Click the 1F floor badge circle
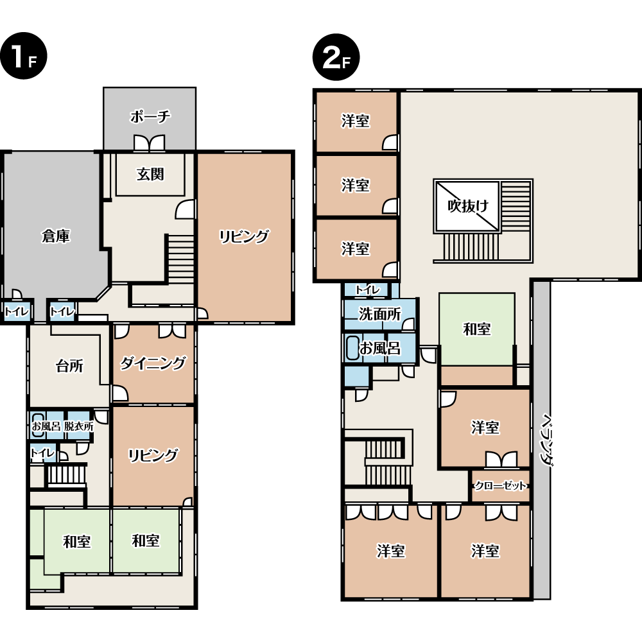click(x=23, y=56)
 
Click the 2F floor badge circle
click(x=336, y=57)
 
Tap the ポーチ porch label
click(x=150, y=117)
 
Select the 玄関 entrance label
click(x=150, y=175)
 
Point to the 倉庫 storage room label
click(x=56, y=236)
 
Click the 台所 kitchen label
click(x=69, y=366)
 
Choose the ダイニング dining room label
click(x=153, y=363)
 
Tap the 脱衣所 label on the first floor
click(x=78, y=426)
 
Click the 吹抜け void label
click(x=468, y=205)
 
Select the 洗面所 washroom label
click(x=380, y=314)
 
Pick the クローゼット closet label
click(x=500, y=486)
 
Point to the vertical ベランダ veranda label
click(x=546, y=439)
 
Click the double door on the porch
click(x=150, y=143)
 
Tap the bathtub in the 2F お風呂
click(x=352, y=348)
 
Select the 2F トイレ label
click(x=368, y=290)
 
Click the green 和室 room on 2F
click(x=476, y=329)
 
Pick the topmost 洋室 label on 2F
click(x=356, y=121)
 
